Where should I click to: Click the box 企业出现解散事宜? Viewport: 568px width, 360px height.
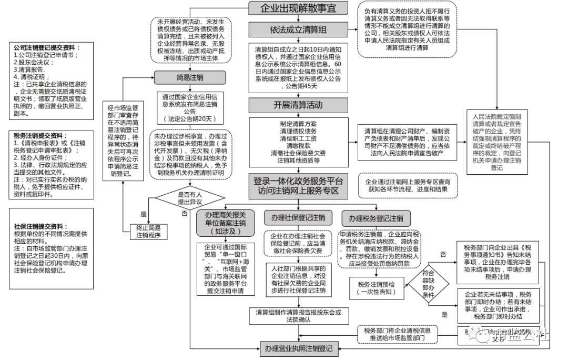point(298,8)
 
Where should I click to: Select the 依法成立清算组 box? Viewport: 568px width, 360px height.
point(298,29)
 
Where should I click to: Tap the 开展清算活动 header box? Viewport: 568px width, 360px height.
point(298,104)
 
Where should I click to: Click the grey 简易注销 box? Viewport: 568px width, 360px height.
point(190,78)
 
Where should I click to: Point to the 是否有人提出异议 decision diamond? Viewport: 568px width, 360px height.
point(190,198)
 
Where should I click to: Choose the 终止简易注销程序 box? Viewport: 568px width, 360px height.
point(149,232)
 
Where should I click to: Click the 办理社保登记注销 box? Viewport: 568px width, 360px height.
point(298,218)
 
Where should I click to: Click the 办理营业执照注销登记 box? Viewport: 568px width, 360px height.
point(298,348)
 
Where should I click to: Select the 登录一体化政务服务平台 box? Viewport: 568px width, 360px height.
point(298,186)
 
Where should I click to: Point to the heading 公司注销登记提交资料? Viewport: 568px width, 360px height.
point(45,48)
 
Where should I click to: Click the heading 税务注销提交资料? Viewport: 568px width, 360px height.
point(40,135)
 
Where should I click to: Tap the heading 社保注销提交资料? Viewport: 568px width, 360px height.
point(40,226)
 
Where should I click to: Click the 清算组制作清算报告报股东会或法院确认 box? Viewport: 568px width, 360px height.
point(298,315)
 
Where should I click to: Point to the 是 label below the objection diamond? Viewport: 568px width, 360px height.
point(143,215)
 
